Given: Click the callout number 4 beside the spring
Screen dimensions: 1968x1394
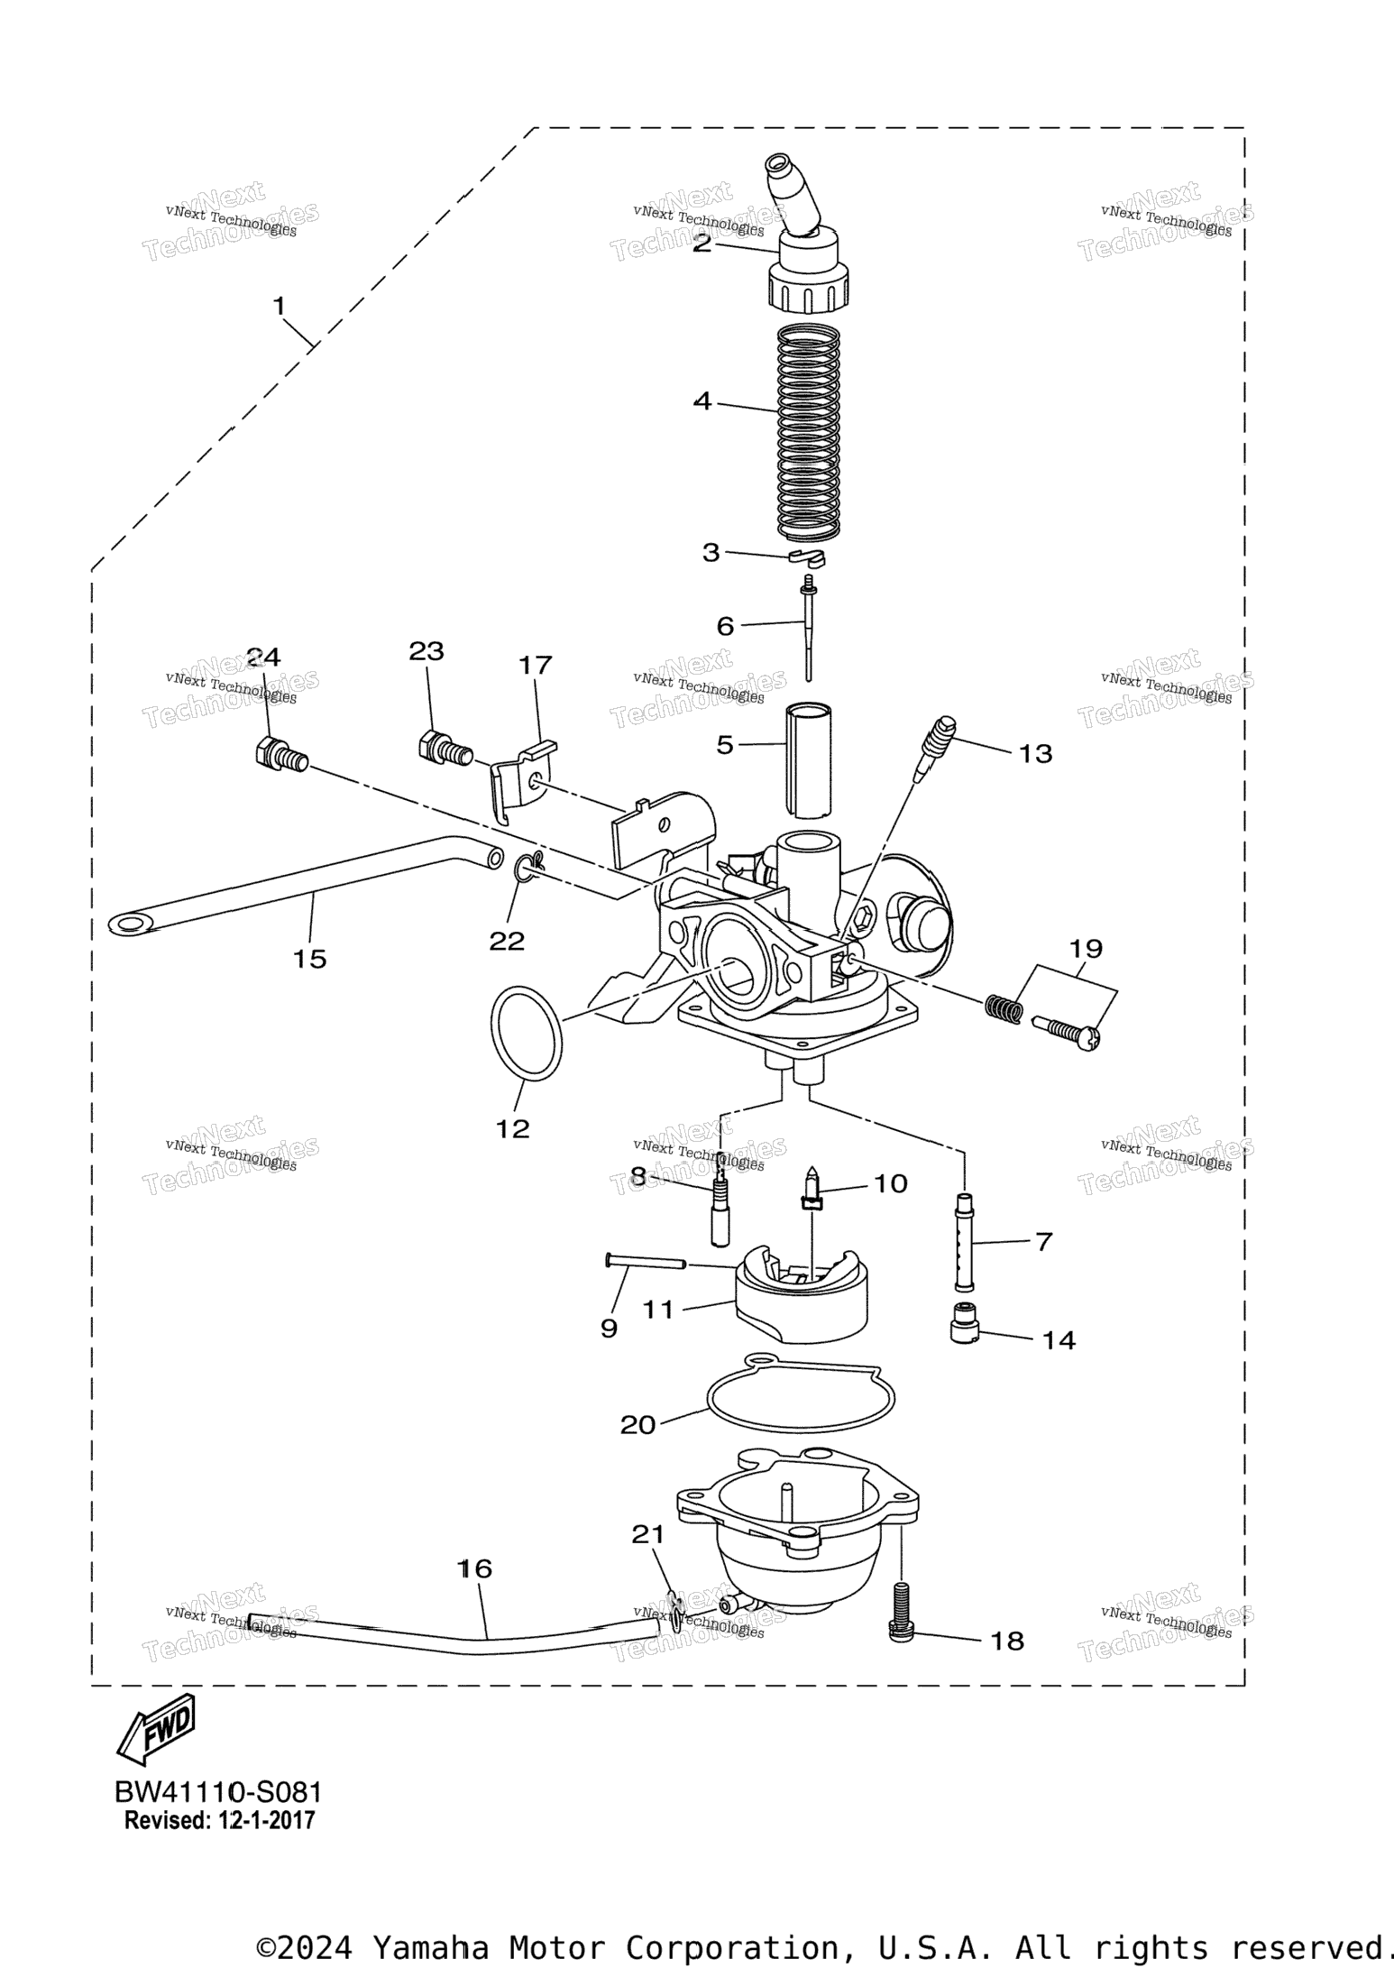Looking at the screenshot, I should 702,401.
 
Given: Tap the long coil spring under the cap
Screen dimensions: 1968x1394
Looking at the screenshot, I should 809,433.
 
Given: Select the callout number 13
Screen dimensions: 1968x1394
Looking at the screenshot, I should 1035,753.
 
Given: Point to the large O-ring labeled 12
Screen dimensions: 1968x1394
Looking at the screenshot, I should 527,1034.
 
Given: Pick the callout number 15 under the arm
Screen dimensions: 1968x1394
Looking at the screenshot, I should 309,959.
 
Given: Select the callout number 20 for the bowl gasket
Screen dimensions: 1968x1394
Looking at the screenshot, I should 637,1425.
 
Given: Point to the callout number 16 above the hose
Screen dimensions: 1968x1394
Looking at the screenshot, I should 475,1568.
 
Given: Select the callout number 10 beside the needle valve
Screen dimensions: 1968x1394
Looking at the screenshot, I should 891,1182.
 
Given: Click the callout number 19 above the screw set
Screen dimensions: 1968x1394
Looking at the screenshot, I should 1086,948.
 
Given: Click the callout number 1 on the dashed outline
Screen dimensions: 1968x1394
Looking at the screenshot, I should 280,307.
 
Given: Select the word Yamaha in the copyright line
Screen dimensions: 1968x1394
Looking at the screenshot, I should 430,1947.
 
